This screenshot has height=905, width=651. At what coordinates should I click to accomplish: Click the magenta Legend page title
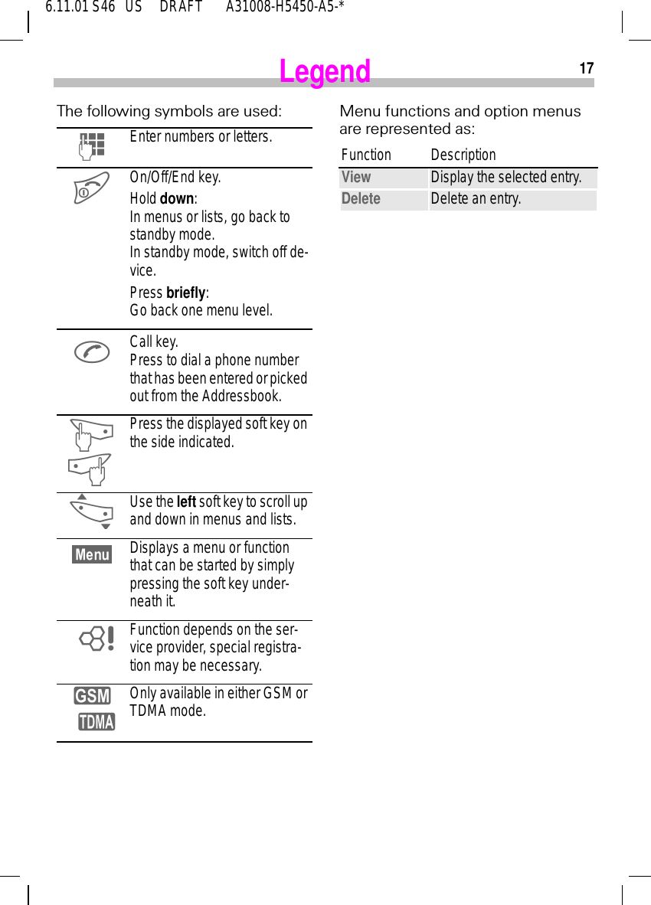pos(325,72)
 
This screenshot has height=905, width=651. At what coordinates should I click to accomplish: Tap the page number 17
pos(586,69)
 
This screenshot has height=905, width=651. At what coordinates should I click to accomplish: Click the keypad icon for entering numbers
pos(92,145)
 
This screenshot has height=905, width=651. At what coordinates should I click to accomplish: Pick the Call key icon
pos(92,351)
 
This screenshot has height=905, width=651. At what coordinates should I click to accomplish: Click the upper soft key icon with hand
pos(90,434)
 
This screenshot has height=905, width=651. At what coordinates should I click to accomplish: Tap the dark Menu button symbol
pos(92,554)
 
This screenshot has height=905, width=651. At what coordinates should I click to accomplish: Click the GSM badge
pos(92,696)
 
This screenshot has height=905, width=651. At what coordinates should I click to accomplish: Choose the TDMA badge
pos(97,721)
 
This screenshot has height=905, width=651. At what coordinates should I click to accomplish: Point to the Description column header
pos(463,155)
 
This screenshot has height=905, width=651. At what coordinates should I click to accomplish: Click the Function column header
pos(366,155)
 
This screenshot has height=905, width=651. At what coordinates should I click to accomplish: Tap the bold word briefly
pos(185,292)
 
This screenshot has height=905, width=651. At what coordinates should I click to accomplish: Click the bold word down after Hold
pos(177,199)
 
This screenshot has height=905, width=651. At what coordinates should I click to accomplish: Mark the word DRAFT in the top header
pos(181,8)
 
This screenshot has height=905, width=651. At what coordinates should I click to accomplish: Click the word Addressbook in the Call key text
pos(241,397)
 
